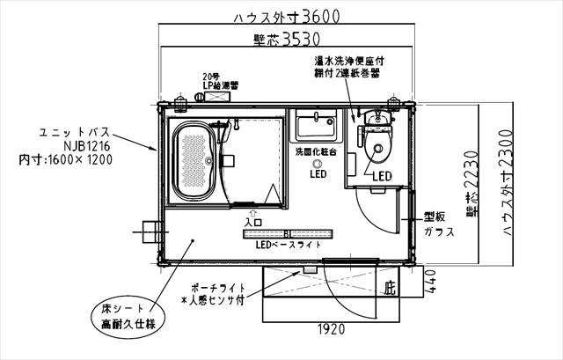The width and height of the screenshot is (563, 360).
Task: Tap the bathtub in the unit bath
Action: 194,163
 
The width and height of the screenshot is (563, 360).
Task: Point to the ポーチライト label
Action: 216,288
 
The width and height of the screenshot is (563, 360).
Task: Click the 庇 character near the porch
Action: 391,288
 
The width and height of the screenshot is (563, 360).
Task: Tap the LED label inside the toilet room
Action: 381,176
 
